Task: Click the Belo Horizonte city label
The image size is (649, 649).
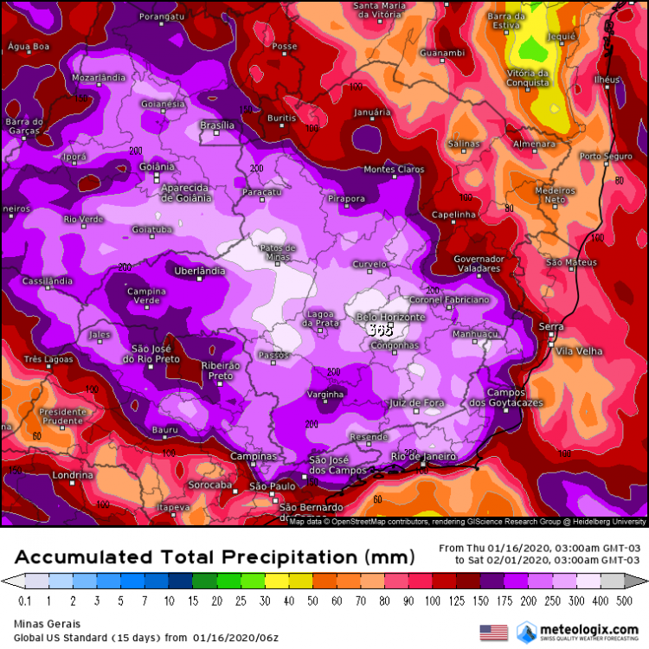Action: coord(391,318)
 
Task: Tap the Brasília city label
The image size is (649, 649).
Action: coord(217,125)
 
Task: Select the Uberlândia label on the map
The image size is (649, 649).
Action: coord(200,271)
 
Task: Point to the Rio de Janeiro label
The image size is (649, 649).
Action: coord(423,456)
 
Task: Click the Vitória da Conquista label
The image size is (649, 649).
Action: coord(528,78)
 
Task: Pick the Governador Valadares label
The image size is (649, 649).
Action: coord(479,264)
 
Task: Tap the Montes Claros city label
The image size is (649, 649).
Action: coord(394,170)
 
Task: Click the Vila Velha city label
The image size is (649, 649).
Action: coord(578,350)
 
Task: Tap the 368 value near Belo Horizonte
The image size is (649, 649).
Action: coord(380,330)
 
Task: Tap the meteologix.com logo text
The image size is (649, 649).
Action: coord(590,629)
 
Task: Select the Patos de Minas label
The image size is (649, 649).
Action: coord(278,251)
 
